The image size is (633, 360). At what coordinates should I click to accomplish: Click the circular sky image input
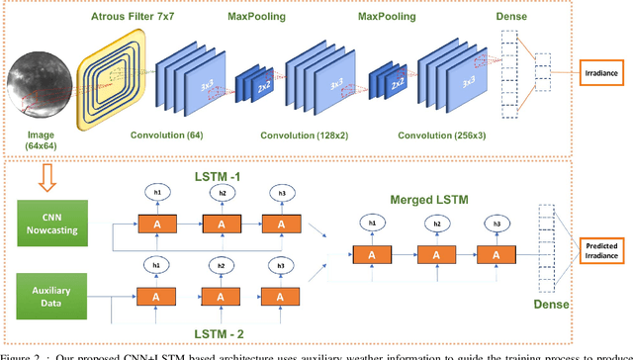(38, 75)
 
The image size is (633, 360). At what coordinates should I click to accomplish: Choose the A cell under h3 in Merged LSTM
(495, 254)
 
